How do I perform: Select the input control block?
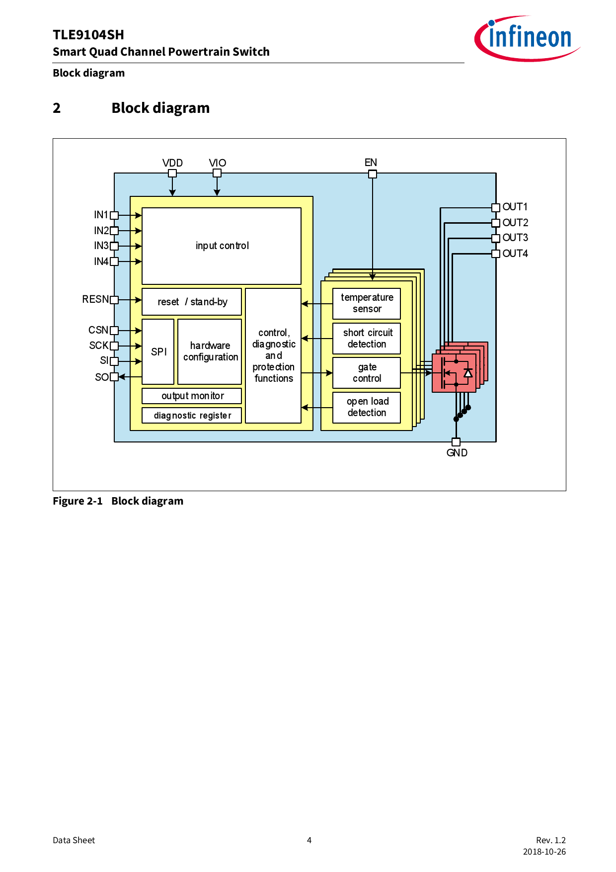222,246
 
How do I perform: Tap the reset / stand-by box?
192,302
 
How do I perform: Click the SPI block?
158,351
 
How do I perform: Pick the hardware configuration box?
210,351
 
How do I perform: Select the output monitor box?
192,396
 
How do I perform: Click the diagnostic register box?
192,415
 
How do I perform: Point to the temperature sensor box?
367,303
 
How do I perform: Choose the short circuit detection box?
367,338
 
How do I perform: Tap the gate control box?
367,372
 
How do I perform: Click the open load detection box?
367,407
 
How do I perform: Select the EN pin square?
373,174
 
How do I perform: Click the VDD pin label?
172,163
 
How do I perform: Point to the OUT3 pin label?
515,238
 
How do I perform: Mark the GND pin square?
456,442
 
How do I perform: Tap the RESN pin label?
95,299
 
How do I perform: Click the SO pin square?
114,377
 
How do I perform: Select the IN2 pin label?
101,231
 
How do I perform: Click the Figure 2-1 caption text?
118,501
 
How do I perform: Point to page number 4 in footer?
309,840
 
